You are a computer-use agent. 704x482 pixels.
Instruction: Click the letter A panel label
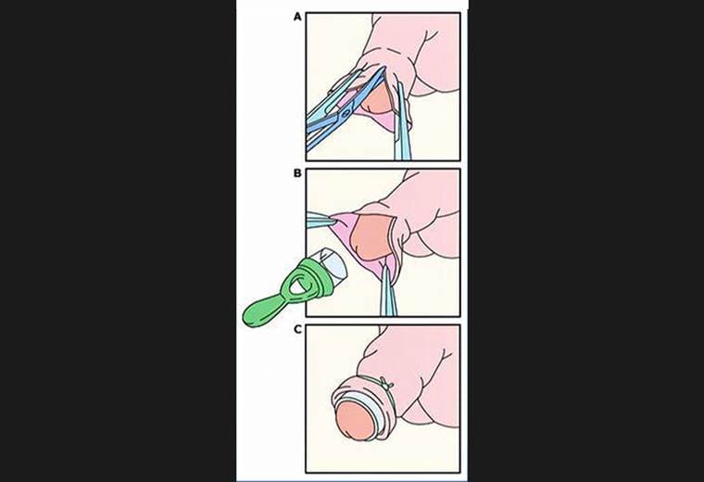(x=297, y=17)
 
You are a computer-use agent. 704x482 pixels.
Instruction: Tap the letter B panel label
(x=297, y=173)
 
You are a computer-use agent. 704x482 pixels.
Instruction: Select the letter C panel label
(x=297, y=329)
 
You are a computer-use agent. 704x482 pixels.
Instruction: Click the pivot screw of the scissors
(x=346, y=114)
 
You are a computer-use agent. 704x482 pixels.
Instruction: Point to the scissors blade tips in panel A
(x=383, y=70)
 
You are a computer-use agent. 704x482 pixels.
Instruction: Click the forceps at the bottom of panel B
(x=387, y=291)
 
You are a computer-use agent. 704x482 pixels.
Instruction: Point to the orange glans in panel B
(x=371, y=236)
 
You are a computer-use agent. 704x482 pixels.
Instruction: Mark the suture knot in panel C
(x=385, y=383)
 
